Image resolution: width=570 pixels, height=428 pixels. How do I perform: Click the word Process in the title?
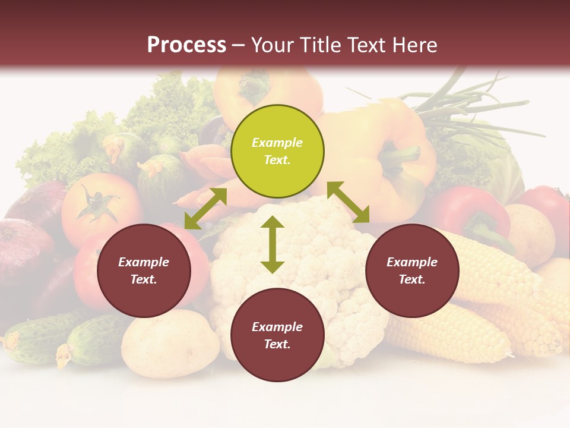pos(186,45)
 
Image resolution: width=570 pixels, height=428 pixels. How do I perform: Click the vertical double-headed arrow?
pos(273,244)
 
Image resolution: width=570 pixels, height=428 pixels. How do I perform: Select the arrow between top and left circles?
pos(205,209)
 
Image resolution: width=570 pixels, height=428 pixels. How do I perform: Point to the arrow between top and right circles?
pos(349,202)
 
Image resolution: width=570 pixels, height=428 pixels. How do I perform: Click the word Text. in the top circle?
pos(277,160)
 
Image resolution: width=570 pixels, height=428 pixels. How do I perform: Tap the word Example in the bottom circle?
pos(277,327)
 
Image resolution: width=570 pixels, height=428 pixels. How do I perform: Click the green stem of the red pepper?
pos(487,229)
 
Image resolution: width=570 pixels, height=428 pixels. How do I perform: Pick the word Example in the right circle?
pos(412,262)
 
